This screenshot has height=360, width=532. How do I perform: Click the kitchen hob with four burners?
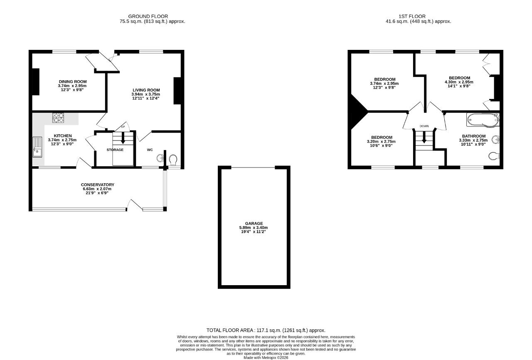[x=58, y=118]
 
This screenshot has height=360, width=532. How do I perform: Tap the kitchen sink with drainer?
[x=37, y=147]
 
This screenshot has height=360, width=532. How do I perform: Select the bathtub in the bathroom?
[x=483, y=120]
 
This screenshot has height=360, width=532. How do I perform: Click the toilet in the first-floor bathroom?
[x=494, y=156]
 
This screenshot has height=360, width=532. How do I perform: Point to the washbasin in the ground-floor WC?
[x=160, y=158]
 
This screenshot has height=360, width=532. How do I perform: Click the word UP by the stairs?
[x=123, y=127]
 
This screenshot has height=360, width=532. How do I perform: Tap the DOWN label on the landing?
[x=424, y=126]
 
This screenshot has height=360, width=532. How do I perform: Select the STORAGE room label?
[x=115, y=150]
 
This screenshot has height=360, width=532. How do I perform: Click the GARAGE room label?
[x=254, y=224]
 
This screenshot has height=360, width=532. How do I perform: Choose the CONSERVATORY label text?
[x=98, y=185]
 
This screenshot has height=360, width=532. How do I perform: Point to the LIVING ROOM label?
[x=146, y=90]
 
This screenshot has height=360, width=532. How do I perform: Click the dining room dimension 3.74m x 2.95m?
[x=72, y=86]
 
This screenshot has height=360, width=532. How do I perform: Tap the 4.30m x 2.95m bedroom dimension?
[x=459, y=82]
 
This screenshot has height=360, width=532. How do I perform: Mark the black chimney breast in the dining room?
[x=36, y=82]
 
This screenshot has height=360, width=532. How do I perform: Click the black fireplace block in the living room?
[x=177, y=91]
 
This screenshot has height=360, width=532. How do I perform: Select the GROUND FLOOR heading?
[x=148, y=16]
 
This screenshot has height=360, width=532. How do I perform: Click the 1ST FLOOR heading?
[x=412, y=16]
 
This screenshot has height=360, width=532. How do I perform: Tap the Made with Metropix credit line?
[x=266, y=358]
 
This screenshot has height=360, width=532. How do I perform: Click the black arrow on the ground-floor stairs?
[x=123, y=138]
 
